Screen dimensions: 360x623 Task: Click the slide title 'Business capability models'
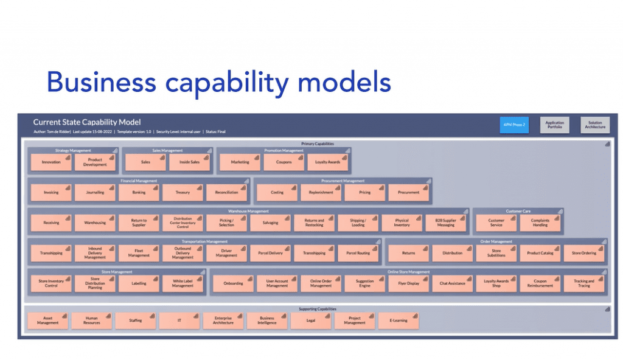pos(218,81)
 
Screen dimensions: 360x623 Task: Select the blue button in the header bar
pos(514,125)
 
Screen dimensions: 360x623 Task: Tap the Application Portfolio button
pos(554,125)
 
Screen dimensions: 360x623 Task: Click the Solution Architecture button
pos(594,125)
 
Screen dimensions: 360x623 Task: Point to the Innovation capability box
pos(51,162)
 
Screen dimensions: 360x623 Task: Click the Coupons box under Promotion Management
pos(284,162)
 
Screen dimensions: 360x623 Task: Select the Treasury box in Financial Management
pos(183,192)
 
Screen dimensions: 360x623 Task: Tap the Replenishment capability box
pos(321,192)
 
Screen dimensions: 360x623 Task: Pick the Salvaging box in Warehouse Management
pos(270,223)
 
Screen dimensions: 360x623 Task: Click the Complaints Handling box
pos(540,223)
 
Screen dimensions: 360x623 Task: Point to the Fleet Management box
pos(139,253)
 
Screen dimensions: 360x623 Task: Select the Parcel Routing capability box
pos(358,253)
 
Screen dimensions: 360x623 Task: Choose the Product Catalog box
pos(540,253)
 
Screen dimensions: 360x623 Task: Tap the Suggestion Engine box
pos(364,283)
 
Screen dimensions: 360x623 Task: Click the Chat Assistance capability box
pos(452,283)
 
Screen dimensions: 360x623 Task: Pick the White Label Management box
pos(183,283)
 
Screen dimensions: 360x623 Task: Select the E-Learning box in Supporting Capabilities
pos(399,320)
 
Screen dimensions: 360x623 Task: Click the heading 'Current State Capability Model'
pos(86,122)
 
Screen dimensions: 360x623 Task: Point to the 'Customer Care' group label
pos(518,211)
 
